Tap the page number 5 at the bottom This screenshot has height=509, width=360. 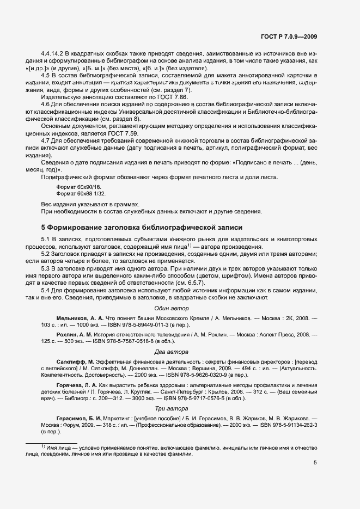tap(315, 463)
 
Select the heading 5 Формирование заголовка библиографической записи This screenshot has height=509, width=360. tap(142, 227)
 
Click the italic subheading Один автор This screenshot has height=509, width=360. tap(171, 308)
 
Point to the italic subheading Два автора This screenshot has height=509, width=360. tap(171, 352)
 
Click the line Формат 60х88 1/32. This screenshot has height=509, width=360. tap(81, 193)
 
